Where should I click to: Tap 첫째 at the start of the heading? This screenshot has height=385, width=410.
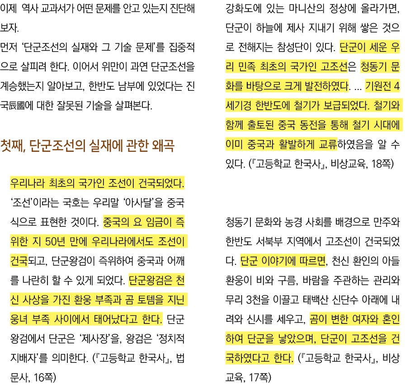14,146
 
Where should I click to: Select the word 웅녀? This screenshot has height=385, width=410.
20,320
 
